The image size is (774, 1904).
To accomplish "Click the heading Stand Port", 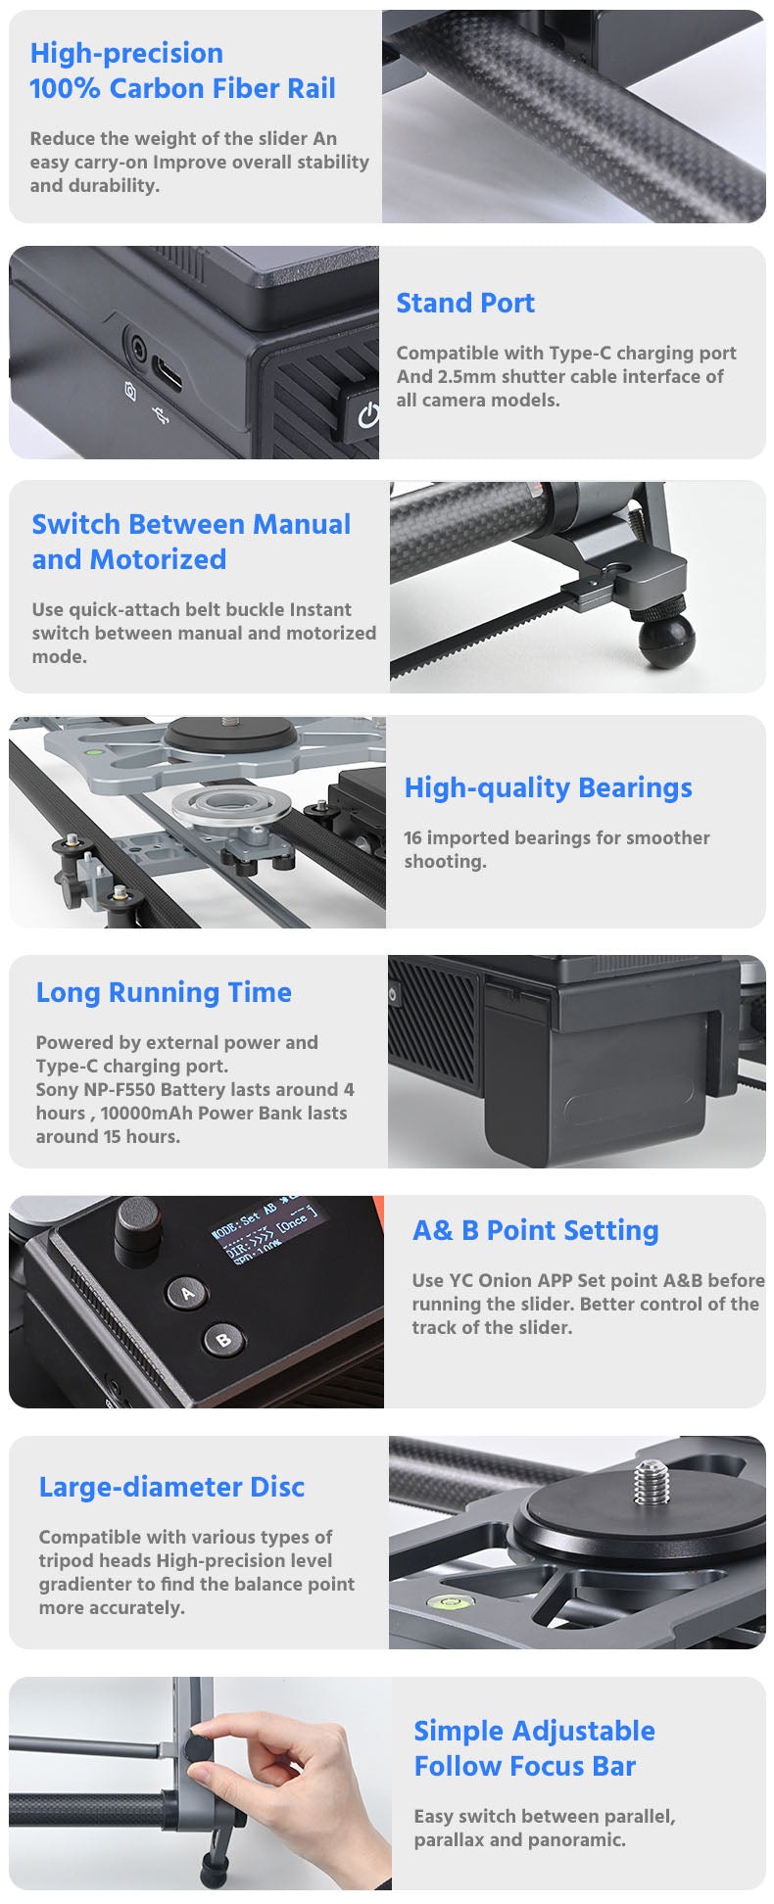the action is (465, 303).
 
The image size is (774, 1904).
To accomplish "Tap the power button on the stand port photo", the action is (363, 413).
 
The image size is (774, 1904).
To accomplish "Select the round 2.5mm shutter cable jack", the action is (136, 348).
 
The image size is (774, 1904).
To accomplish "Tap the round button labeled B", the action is (223, 1339).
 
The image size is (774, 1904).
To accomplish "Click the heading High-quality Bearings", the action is (549, 787).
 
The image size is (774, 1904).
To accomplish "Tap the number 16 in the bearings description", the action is (413, 837).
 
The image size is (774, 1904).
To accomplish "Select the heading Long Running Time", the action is (164, 992).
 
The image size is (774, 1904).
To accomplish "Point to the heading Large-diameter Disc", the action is (171, 1487).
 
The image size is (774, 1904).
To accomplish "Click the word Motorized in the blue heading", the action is (158, 559).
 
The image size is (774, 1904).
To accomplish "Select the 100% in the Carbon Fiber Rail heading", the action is (65, 89).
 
